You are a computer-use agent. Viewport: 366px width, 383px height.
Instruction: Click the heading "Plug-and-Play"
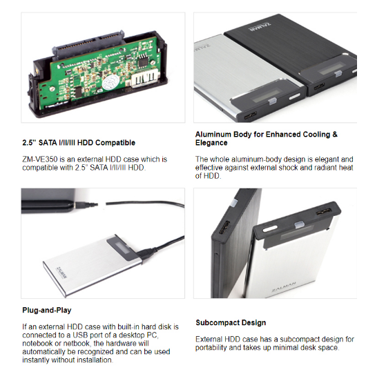[47, 311]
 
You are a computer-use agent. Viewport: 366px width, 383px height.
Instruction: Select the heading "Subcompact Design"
[231, 323]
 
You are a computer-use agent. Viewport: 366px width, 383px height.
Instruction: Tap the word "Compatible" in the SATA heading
[115, 143]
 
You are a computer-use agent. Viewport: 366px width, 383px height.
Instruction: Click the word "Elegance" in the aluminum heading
[211, 143]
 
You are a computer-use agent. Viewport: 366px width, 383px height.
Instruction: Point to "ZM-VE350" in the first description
[40, 159]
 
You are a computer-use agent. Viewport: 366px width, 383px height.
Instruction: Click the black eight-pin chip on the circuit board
[142, 61]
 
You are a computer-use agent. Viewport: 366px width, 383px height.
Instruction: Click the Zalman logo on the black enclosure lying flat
[260, 27]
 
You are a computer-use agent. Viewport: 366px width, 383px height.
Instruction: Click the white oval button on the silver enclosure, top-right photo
[295, 97]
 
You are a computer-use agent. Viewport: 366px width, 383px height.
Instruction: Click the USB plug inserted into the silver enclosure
[146, 253]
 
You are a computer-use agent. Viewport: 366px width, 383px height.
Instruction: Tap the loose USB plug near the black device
[86, 205]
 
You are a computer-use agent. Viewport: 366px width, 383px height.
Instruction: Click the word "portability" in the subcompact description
[211, 348]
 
